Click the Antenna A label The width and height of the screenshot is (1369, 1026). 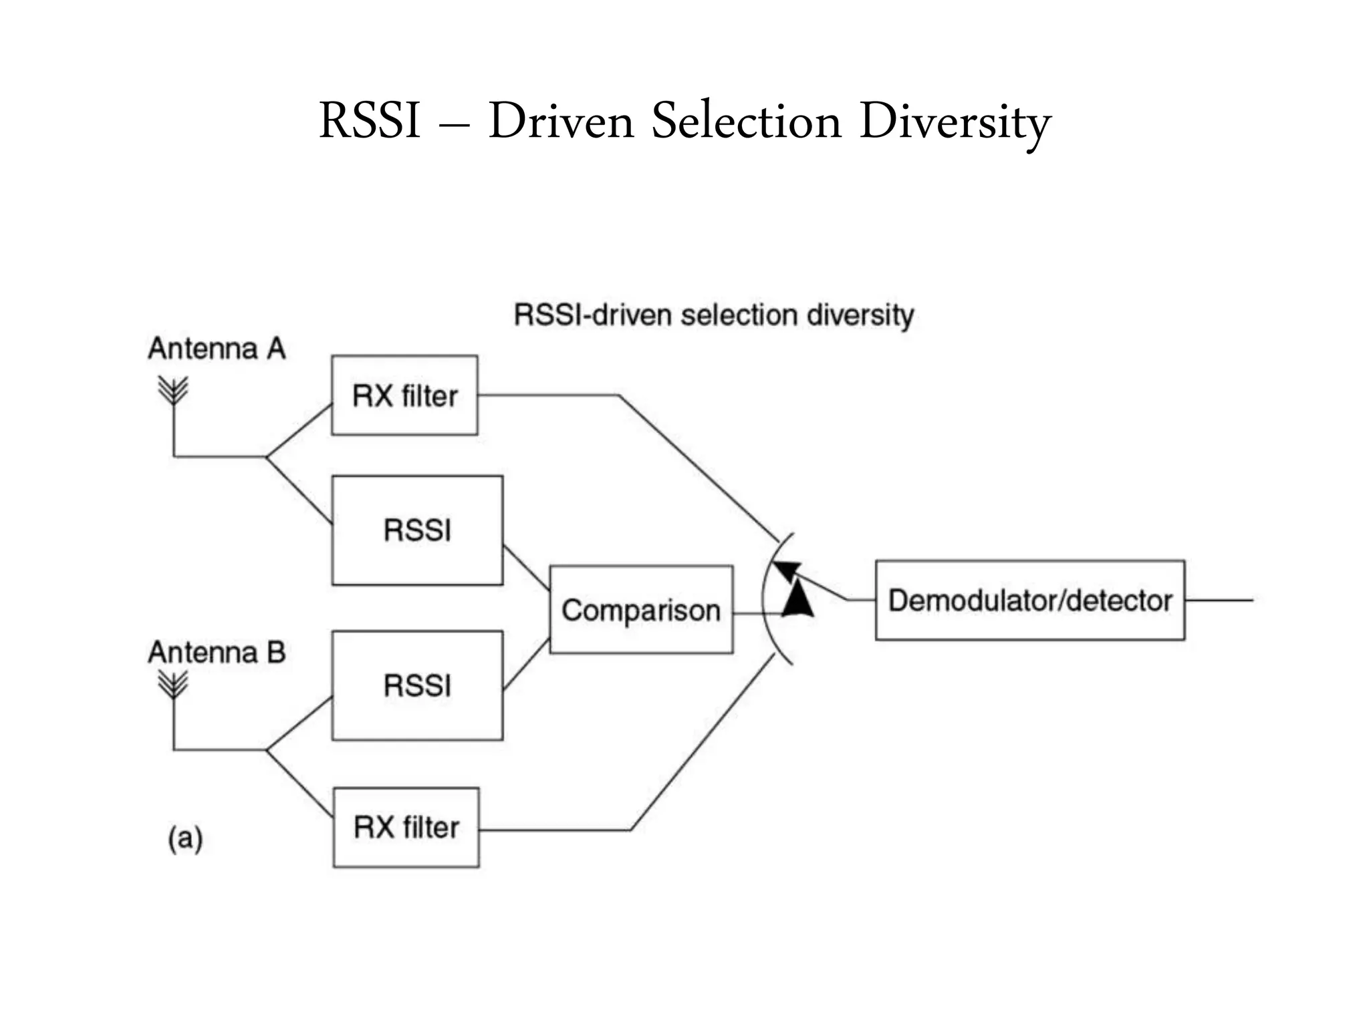217,349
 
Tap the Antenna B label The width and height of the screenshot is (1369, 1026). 217,653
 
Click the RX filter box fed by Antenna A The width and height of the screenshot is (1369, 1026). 404,395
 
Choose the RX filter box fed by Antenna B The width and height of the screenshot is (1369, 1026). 406,828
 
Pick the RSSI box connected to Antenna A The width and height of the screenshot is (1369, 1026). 417,530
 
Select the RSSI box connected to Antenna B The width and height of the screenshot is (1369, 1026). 417,685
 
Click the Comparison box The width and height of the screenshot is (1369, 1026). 641,610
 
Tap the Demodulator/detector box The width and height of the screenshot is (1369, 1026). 1029,601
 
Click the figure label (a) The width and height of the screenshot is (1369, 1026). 185,838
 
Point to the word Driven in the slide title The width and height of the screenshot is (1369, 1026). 561,122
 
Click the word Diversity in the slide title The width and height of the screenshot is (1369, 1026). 955,122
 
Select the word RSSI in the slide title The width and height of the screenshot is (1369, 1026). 370,122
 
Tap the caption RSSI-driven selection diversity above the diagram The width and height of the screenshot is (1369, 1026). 713,315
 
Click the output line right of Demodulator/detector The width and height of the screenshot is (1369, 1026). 1219,601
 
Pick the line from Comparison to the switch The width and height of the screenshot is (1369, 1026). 755,613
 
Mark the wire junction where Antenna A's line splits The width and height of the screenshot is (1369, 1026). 266,457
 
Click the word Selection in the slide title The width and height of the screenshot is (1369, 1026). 746,122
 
